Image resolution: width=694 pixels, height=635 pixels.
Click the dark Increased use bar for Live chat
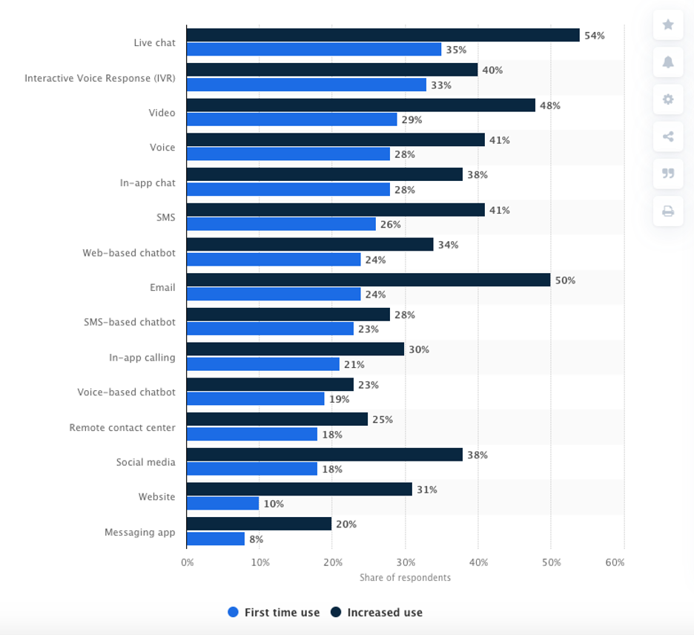tap(383, 35)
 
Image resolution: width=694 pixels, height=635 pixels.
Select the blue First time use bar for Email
tap(274, 294)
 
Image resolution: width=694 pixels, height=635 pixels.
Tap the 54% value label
tap(594, 36)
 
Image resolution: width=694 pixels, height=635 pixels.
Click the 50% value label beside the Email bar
tap(565, 280)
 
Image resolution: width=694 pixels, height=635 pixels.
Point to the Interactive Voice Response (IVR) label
tap(100, 78)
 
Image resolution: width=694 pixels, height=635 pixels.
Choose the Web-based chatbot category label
tap(129, 253)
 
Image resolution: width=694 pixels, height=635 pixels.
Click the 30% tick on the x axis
tap(406, 563)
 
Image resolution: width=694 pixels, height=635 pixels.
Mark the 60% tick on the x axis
tap(615, 563)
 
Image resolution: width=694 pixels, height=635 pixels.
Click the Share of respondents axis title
tap(405, 578)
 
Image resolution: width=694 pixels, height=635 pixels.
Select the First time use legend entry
tap(274, 613)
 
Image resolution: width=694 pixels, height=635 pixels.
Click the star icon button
tap(668, 25)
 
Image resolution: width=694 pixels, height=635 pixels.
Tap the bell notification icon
tap(668, 62)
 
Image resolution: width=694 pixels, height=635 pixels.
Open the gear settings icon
tap(668, 99)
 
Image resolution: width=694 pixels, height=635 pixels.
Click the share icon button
tap(668, 136)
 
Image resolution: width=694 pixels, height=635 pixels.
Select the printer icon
tap(668, 211)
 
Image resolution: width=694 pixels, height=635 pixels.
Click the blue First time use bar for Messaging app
tap(216, 539)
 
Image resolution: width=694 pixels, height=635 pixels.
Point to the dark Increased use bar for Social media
tap(325, 455)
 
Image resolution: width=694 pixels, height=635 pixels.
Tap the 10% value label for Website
tap(274, 504)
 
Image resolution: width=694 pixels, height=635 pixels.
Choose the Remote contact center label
tap(122, 427)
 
